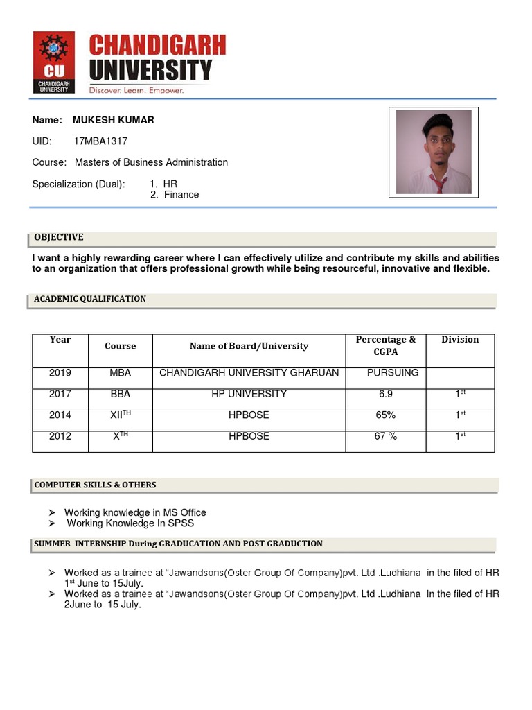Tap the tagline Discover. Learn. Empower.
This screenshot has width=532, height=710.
[136, 90]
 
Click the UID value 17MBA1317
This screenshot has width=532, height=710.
[100, 141]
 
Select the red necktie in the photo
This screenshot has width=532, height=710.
[437, 183]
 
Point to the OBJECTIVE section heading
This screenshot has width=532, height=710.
[59, 237]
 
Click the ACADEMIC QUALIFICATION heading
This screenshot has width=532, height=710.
[90, 299]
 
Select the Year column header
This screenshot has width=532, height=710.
[60, 340]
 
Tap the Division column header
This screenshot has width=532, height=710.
[460, 340]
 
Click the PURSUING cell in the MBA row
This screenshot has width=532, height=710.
[393, 373]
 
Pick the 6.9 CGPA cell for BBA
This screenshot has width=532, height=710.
[386, 394]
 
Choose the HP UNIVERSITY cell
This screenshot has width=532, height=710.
[249, 394]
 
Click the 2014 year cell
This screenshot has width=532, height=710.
[60, 415]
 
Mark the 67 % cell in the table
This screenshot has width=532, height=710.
[386, 436]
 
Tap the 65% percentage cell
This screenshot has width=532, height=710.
[386, 415]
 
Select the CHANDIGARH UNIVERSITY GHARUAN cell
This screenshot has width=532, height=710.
[249, 373]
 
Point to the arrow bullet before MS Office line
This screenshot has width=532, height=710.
[52, 513]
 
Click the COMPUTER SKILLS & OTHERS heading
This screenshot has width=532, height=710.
[95, 485]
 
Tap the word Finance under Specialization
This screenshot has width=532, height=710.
[181, 195]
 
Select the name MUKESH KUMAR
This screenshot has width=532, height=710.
[114, 120]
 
